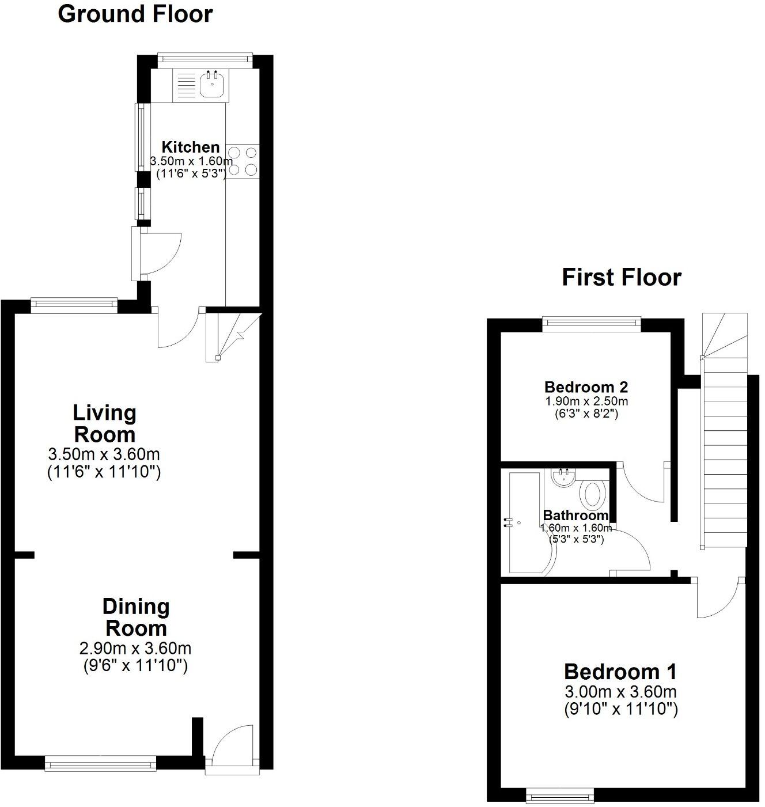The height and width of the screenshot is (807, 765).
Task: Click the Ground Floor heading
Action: click(x=135, y=14)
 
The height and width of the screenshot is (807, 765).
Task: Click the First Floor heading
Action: click(x=622, y=278)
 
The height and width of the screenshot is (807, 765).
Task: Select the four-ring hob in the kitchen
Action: click(x=243, y=161)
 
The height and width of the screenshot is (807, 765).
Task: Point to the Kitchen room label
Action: click(x=190, y=147)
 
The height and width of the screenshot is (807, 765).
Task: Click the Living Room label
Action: click(x=104, y=423)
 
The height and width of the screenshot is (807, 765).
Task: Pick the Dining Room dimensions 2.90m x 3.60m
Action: click(x=135, y=649)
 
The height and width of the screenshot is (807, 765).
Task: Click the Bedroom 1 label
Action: click(x=620, y=672)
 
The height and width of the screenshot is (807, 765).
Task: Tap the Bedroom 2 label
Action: click(x=586, y=387)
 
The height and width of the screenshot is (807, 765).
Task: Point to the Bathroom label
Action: click(x=576, y=515)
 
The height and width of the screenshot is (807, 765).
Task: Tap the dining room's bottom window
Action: click(x=101, y=764)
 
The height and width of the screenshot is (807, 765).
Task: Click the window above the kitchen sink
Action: click(x=204, y=58)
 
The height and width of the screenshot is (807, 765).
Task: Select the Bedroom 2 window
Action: click(x=592, y=323)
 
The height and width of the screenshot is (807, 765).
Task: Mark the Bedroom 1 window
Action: click(x=561, y=797)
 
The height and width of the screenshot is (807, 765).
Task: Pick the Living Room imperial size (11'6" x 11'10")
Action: click(x=104, y=473)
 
